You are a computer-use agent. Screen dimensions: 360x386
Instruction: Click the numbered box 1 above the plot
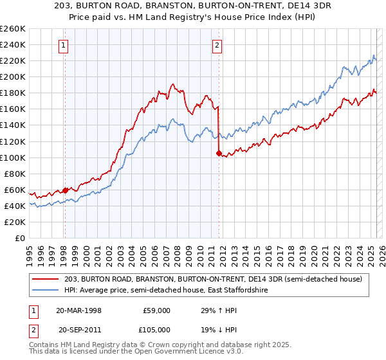tap(64, 45)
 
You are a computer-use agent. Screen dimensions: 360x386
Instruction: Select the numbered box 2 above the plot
tap(217, 45)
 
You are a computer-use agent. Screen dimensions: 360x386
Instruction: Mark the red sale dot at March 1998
tap(65, 190)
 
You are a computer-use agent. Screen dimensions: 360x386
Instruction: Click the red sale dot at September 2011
tap(218, 153)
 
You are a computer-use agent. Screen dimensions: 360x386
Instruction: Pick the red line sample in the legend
tap(46, 279)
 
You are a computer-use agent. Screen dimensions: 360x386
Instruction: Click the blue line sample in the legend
tap(46, 290)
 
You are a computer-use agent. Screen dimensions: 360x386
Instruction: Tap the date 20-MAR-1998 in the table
tap(79, 310)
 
